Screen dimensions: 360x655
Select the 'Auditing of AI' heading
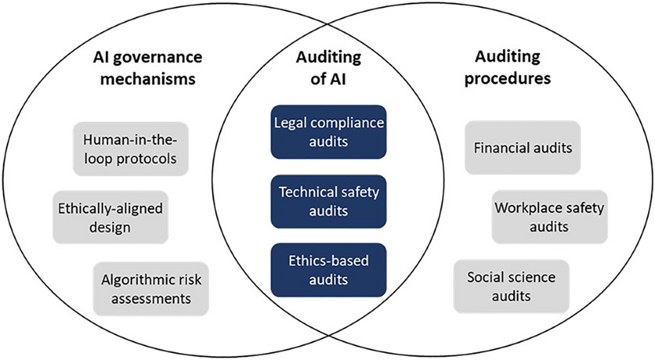pos(327,68)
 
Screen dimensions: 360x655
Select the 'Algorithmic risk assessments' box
pos(150,287)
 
